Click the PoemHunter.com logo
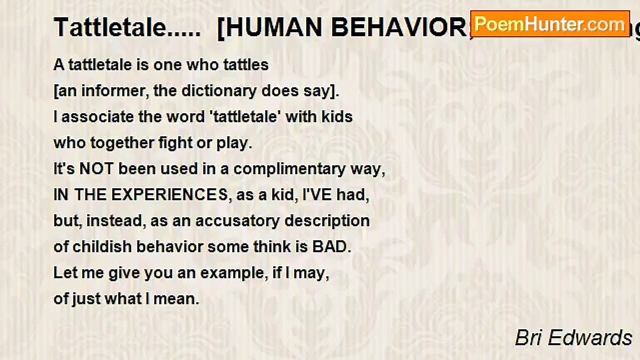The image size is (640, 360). [x=550, y=24]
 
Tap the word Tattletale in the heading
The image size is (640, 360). [x=109, y=27]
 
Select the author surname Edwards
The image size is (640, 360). [x=593, y=338]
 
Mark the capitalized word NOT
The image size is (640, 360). [x=96, y=169]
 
